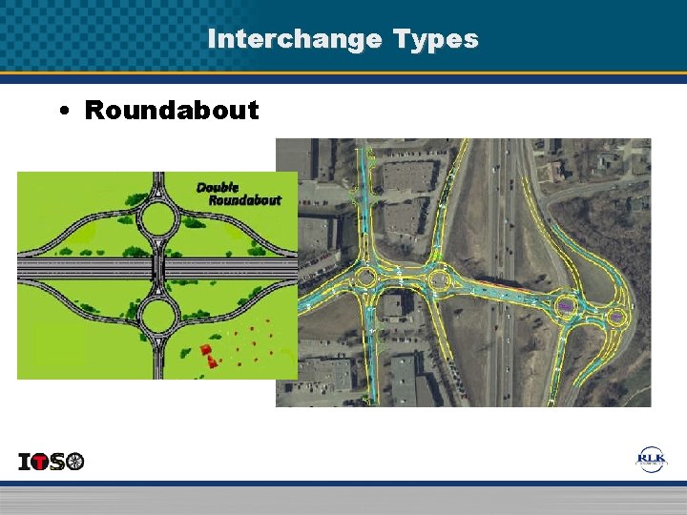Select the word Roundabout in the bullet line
pyautogui.click(x=172, y=110)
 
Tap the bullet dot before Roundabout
pyautogui.click(x=63, y=111)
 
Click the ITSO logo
pyautogui.click(x=52, y=462)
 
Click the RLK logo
pyautogui.click(x=653, y=460)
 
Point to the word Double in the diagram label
pyautogui.click(x=218, y=187)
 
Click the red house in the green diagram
pyautogui.click(x=207, y=353)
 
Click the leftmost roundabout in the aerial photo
pyautogui.click(x=365, y=278)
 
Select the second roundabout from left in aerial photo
pyautogui.click(x=438, y=280)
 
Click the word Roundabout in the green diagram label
pyautogui.click(x=245, y=200)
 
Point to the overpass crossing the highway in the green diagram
pyautogui.click(x=158, y=269)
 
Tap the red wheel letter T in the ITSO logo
pyautogui.click(x=40, y=462)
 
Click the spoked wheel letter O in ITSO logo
pyautogui.click(x=74, y=462)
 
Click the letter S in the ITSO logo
pyautogui.click(x=57, y=463)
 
